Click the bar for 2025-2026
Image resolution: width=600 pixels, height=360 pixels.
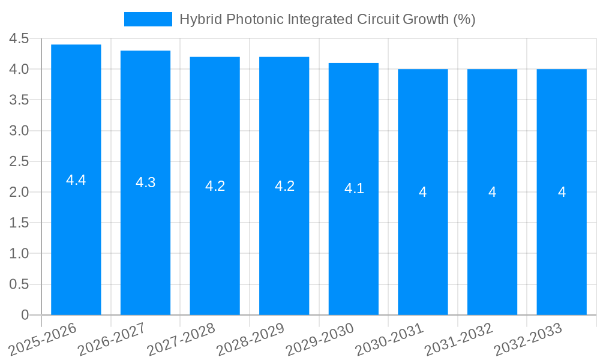pos(76,240)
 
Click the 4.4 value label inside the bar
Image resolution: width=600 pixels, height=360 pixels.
pos(76,180)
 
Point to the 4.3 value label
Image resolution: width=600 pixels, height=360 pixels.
pos(145,183)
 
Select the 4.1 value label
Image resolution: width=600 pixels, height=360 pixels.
pos(354,188)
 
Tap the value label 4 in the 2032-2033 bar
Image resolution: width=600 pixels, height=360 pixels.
pos(562,192)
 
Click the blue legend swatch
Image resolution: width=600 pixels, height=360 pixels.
pos(148,19)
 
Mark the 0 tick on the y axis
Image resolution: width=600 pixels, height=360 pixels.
pos(25,315)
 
